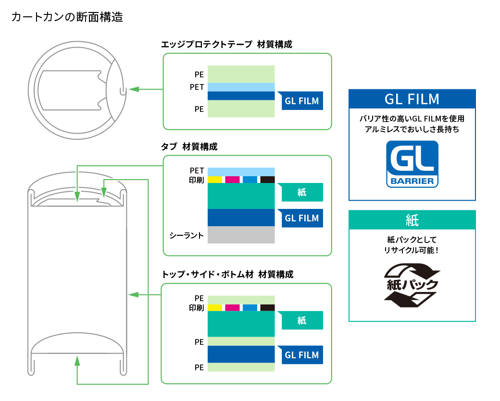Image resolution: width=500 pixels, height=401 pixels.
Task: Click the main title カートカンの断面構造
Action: point(67,17)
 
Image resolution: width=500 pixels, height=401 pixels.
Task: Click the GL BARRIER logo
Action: point(412,164)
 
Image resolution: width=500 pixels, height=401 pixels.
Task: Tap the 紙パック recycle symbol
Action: point(412,285)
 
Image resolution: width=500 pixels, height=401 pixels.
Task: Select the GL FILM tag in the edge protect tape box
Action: point(302,101)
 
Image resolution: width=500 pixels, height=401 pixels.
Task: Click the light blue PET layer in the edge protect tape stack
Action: point(241,87)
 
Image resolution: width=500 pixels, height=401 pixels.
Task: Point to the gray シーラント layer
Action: point(241,235)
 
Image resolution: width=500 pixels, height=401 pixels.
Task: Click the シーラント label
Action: point(187,235)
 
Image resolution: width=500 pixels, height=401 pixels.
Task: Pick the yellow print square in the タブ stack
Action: point(215,180)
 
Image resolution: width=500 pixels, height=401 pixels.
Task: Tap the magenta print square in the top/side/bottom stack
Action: point(232,308)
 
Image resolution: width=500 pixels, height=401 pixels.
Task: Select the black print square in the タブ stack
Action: point(267,180)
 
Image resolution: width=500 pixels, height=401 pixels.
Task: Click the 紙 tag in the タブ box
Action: point(302,193)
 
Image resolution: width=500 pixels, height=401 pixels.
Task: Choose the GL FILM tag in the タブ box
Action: point(302,218)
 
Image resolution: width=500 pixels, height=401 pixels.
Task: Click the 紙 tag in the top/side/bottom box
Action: point(302,320)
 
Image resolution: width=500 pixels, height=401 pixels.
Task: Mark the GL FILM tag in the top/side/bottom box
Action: point(302,355)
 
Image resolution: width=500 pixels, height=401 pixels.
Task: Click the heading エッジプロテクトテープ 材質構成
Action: point(226,44)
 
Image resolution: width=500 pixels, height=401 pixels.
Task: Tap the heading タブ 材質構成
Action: point(189,146)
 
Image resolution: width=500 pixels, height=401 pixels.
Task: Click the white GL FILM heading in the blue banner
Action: point(412,99)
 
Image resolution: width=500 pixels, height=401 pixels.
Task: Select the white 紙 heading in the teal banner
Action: point(412,220)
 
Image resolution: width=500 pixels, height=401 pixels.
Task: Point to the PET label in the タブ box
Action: point(197,170)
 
